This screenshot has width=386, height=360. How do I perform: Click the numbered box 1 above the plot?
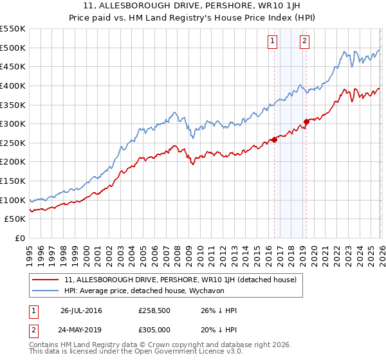click(273, 41)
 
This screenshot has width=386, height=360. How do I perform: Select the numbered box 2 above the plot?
click(304, 41)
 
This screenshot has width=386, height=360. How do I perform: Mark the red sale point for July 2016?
click(274, 139)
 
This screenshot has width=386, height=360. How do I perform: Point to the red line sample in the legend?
click(46, 280)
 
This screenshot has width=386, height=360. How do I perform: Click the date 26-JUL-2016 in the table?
click(81, 310)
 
